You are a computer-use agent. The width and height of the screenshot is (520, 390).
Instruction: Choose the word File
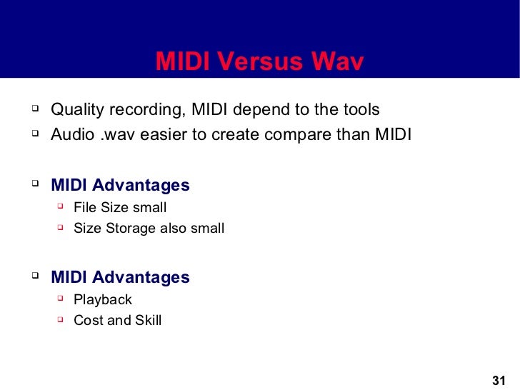[x=86, y=208]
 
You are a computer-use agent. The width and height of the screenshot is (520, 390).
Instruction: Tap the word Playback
[x=103, y=300]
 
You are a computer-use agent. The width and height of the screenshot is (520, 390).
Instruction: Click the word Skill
[x=146, y=321]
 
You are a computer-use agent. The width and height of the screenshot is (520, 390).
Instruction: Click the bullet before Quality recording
[x=34, y=110]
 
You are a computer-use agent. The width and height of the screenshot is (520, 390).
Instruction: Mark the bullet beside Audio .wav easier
[x=34, y=134]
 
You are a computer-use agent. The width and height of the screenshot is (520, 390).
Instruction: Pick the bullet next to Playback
[x=60, y=299]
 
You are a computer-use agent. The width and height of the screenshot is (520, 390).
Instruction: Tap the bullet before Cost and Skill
[x=60, y=319]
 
